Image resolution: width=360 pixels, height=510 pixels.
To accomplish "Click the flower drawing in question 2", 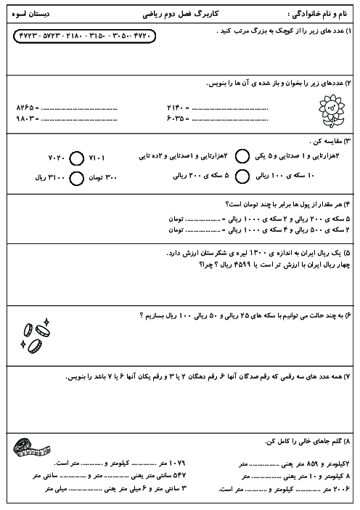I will (x=331, y=110).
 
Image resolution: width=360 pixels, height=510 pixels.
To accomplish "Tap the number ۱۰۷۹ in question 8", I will (x=176, y=463).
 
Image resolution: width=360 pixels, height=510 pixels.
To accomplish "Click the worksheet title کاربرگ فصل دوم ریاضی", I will (x=181, y=13).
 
